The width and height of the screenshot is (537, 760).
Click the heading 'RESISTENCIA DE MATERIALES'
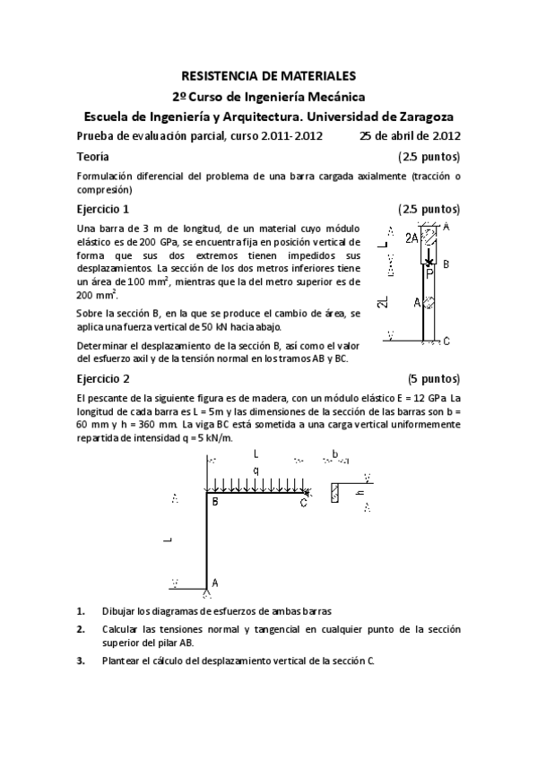(x=268, y=77)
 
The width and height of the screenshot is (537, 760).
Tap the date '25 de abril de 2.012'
(x=410, y=136)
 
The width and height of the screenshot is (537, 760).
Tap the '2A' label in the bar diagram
(x=411, y=238)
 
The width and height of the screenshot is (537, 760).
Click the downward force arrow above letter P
(x=429, y=256)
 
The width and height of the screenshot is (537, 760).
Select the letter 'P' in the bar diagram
(x=429, y=273)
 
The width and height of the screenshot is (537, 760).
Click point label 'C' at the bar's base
(x=446, y=341)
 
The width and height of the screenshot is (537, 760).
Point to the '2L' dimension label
(x=384, y=305)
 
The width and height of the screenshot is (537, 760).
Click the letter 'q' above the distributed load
(x=256, y=469)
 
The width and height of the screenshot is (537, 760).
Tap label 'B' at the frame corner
(x=215, y=502)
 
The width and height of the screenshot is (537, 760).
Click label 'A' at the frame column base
(x=215, y=582)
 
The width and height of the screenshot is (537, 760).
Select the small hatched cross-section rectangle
(x=335, y=492)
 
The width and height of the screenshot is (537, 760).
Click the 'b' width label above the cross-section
(x=334, y=453)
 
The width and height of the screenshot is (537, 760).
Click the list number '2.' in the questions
(x=81, y=629)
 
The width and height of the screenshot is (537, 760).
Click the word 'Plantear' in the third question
(x=122, y=661)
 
